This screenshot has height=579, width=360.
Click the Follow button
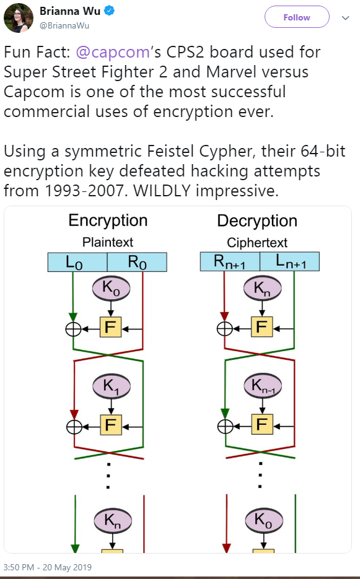pos(297,17)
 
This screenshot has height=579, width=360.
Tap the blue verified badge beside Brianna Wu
pos(108,11)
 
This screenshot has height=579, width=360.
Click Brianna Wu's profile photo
pos(19,18)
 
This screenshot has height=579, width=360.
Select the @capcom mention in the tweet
pos(113,52)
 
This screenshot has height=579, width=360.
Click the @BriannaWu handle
pos(64,26)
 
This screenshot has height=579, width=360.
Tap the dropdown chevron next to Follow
pos(346,18)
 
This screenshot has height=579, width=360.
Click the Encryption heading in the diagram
pos(108,220)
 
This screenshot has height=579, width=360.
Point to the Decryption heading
pos(257,221)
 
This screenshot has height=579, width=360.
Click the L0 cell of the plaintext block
pos(77,262)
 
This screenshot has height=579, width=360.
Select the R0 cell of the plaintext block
pos(137,262)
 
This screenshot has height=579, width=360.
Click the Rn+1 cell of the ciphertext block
pos(230,261)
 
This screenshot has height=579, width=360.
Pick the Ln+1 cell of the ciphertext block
pos(290,261)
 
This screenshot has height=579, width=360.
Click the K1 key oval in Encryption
pos(112,386)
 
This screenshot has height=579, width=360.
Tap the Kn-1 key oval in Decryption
pos(263,386)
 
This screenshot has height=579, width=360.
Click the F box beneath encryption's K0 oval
pos(110,327)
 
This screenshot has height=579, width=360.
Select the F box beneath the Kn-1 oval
pos(262,424)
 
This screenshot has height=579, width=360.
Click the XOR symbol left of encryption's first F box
pos(73,329)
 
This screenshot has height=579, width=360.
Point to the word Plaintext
pos(108,242)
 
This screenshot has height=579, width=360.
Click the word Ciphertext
pos(257,243)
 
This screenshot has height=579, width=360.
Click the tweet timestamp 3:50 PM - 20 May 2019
pos(48,567)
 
